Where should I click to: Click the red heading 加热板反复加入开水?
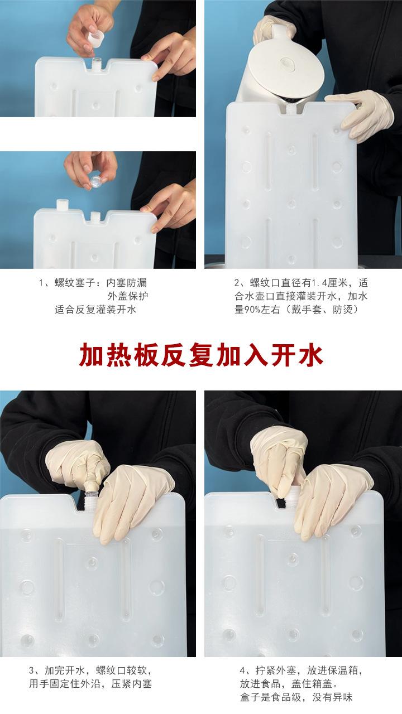201,355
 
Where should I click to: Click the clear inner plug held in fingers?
95,181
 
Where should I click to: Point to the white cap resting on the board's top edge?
63,204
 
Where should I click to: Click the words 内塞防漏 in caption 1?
127,283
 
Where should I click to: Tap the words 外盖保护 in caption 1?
128,296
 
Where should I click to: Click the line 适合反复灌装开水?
95,310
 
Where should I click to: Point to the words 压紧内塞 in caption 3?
131,684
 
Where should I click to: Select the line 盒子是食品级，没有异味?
296,697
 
